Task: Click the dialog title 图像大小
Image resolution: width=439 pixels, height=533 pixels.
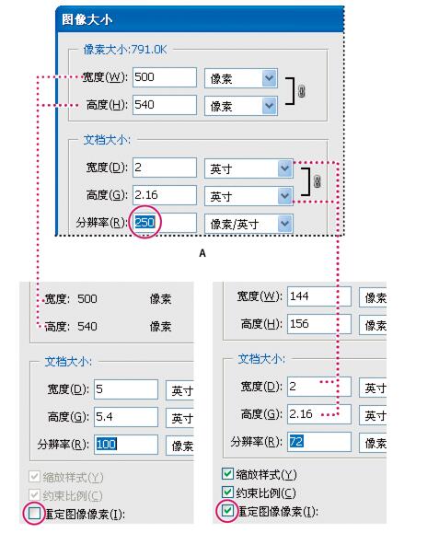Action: point(87,19)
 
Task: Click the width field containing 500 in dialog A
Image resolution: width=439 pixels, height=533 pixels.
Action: point(165,77)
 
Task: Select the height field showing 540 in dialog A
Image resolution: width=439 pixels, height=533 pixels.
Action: point(165,105)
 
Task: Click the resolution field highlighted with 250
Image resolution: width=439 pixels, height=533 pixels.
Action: point(165,223)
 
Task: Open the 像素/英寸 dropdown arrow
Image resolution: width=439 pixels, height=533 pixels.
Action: point(285,224)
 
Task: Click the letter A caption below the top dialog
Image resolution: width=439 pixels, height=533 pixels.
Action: point(202,253)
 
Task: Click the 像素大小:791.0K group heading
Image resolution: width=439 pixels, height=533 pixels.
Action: point(125,50)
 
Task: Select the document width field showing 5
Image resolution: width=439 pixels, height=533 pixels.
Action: point(126,389)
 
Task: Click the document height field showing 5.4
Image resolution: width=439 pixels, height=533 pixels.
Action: point(126,417)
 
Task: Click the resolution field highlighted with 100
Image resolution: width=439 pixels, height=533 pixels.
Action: point(126,445)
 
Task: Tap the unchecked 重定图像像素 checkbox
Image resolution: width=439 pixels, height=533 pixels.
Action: point(35,513)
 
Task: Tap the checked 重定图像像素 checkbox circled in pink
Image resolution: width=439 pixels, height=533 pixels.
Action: point(227,511)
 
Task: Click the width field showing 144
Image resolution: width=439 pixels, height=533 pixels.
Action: point(319,296)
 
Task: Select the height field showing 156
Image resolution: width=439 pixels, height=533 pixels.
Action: point(319,324)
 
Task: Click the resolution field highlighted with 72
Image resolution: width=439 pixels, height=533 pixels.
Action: point(319,442)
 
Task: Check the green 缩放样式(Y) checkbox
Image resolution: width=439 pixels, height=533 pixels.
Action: point(227,474)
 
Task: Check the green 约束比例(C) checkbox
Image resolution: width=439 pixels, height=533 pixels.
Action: point(227,492)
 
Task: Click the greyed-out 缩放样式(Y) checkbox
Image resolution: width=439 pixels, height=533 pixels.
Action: point(35,477)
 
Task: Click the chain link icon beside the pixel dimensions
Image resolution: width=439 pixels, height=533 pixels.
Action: point(301,91)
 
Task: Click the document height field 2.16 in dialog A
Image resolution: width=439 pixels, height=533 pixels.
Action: point(165,195)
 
